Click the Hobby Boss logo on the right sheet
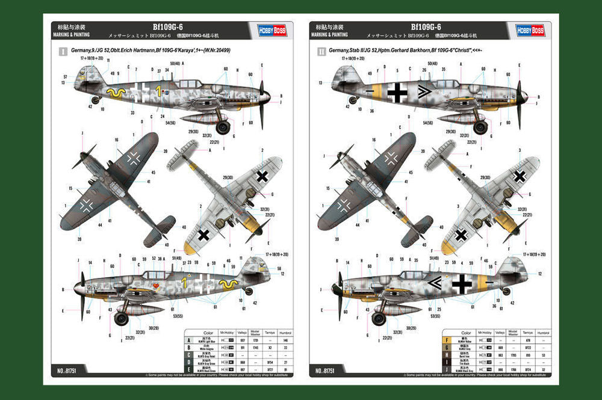[x=530, y=30]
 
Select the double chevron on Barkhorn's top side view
[x=424, y=91]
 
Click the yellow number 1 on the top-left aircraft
[x=158, y=91]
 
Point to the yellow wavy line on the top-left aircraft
[x=116, y=93]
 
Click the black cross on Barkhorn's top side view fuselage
[x=397, y=92]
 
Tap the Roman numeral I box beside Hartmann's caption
[x=62, y=52]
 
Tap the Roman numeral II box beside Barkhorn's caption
[x=320, y=52]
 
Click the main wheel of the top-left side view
[x=223, y=127]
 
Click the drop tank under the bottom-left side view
[x=142, y=309]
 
